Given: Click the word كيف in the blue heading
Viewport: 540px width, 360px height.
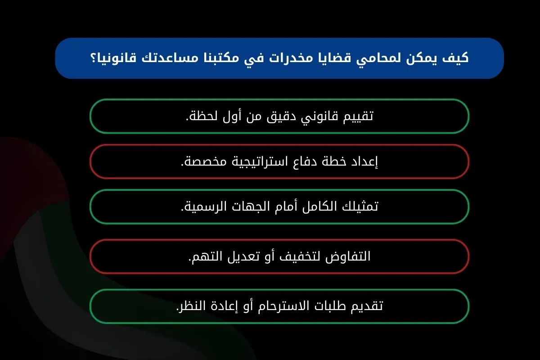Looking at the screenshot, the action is pos(455,58).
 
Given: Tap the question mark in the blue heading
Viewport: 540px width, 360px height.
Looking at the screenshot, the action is pos(93,58).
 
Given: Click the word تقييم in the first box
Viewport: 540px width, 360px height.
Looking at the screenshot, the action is pos(358,116).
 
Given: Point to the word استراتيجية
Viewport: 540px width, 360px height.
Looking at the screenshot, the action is pos(260,161).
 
